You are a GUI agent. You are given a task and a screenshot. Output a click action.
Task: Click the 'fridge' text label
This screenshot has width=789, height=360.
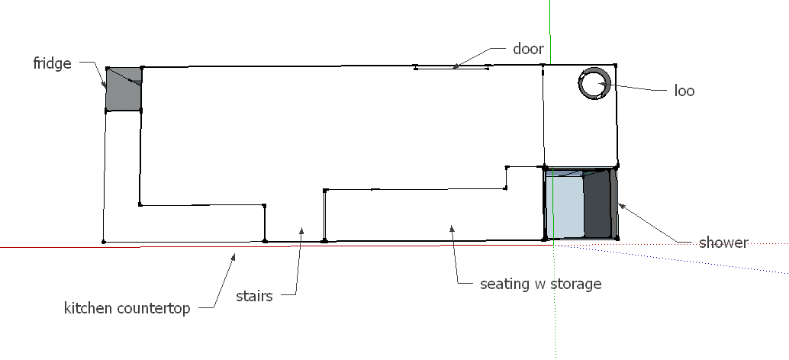pos(52,63)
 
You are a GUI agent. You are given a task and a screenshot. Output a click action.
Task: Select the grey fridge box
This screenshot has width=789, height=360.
pos(124,90)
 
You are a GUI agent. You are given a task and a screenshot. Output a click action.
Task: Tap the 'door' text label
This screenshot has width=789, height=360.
pos(528,50)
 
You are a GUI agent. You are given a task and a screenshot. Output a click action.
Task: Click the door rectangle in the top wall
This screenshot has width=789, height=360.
pos(451,68)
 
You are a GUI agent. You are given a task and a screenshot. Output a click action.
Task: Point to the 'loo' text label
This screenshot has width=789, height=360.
pos(684,91)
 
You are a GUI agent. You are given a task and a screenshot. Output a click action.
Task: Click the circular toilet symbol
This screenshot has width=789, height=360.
pos(594,83)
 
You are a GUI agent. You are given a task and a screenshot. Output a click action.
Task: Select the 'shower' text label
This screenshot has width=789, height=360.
pos(723,243)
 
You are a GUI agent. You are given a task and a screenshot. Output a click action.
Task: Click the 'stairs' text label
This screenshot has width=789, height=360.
pos(254,296)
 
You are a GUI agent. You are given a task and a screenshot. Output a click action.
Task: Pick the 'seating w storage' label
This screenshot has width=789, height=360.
pos(540,284)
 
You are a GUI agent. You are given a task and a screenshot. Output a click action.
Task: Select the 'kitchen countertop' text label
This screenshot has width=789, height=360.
pos(127,309)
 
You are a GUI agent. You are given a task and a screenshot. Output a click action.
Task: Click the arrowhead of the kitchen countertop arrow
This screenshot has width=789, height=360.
pos(234,256)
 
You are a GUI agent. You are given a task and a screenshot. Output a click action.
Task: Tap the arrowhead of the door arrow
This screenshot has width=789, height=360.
pos(455,66)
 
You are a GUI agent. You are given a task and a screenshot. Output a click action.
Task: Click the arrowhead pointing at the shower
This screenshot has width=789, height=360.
pos(620,204)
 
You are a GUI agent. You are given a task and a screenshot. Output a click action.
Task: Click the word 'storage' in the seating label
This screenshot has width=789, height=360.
pos(575,284)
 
